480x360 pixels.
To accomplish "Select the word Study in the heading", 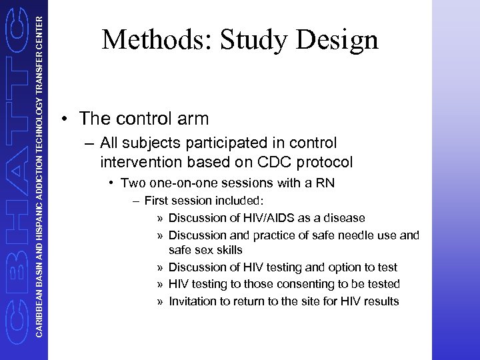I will click(253, 40).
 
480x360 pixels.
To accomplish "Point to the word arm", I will click(193, 119).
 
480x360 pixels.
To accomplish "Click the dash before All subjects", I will click(89, 143).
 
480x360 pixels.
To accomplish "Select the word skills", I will click(229, 251).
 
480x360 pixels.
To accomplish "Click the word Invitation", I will click(193, 301).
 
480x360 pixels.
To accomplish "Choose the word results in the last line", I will click(381, 301).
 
